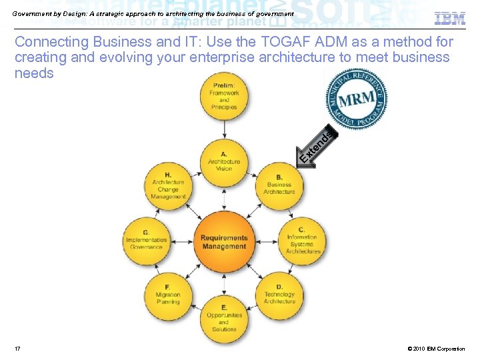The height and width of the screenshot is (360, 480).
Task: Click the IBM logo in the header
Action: coord(450,18)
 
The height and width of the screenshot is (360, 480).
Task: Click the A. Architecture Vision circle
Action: coord(224,161)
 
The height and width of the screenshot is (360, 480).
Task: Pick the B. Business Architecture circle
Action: coord(279,185)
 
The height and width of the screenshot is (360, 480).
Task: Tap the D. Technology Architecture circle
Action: coord(279,294)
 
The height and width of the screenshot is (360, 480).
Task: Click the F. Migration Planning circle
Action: coord(168,294)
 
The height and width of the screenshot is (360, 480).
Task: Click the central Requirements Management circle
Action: coord(224,241)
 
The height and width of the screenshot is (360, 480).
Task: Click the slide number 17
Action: coord(17,349)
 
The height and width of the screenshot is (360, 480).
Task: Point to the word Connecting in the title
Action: coord(51,42)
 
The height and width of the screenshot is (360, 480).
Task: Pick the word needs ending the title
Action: coord(34,73)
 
